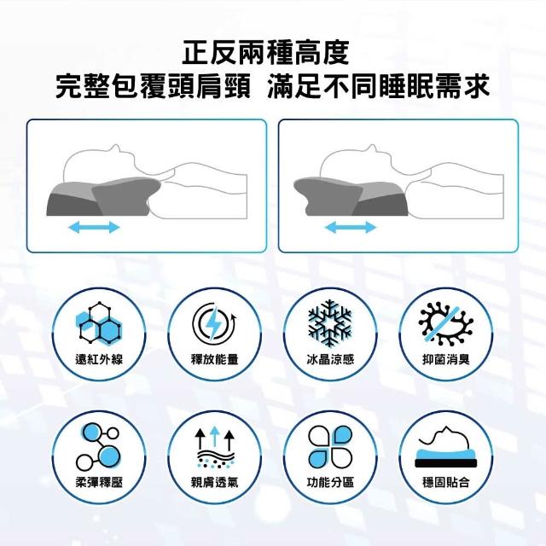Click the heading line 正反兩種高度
coord(265,53)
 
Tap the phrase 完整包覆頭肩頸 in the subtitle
coord(153,86)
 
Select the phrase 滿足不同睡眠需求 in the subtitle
coord(379,86)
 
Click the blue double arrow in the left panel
coord(94,228)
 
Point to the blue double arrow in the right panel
coord(351,228)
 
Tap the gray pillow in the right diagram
coord(351,197)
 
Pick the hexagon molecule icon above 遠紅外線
coord(99,323)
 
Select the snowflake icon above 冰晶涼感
coord(330,323)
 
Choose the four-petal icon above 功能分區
coord(330,447)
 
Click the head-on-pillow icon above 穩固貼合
coord(445,447)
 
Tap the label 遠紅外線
coord(99,359)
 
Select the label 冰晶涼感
coord(330,359)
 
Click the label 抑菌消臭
coord(446,359)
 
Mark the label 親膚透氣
coord(214,482)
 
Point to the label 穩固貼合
coord(446,482)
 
